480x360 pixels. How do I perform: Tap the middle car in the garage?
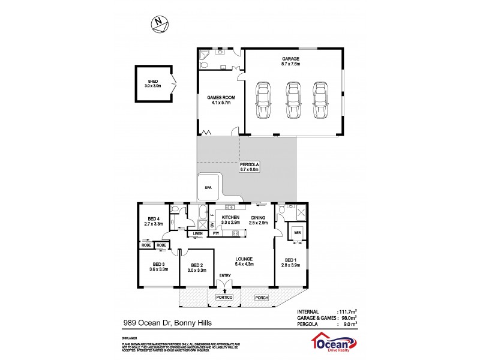pos(292,100)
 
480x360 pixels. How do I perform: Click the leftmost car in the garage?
pos(263,100)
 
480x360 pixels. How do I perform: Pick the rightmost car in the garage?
pos(321,100)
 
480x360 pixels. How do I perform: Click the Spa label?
pos(208,188)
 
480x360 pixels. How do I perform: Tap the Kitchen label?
pos(231,220)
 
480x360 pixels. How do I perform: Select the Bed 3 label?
pos(158,266)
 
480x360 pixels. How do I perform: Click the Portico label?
pos(224,298)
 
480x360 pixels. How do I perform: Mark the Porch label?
pos(261,298)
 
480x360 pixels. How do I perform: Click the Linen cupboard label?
pos(198,233)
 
